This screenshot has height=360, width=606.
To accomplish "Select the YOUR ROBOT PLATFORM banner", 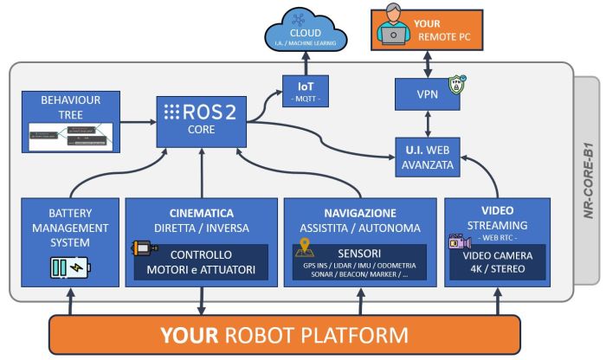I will [x=286, y=334].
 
